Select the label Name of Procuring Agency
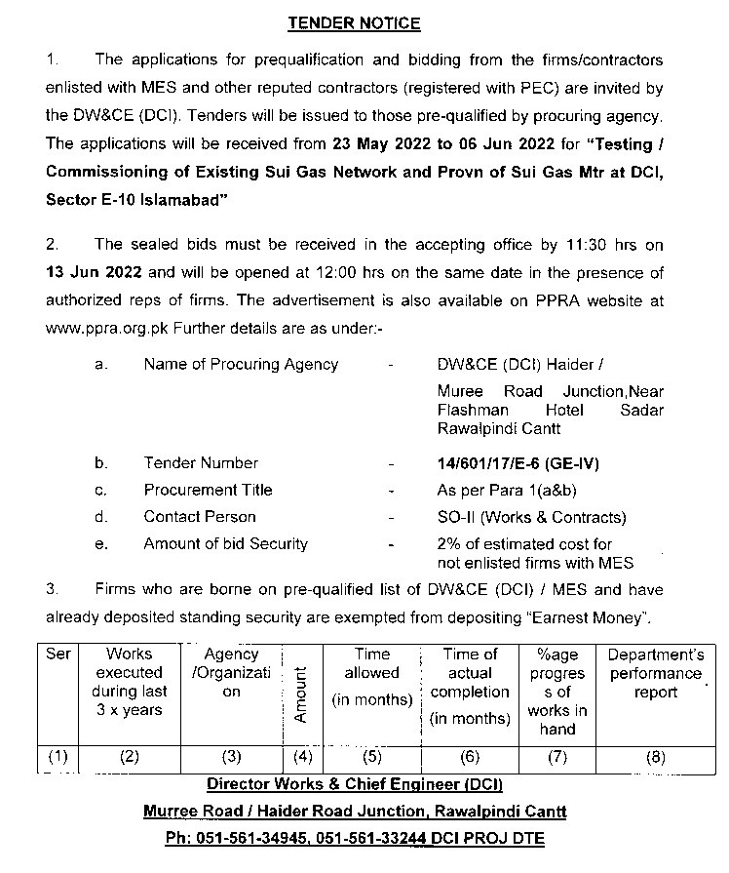[241, 365]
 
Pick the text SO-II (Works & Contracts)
[531, 517]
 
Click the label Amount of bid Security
[225, 543]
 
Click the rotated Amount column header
[300, 694]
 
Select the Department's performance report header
[655, 673]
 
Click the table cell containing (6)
[470, 756]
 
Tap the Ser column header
[58, 655]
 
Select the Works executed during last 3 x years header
[131, 682]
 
